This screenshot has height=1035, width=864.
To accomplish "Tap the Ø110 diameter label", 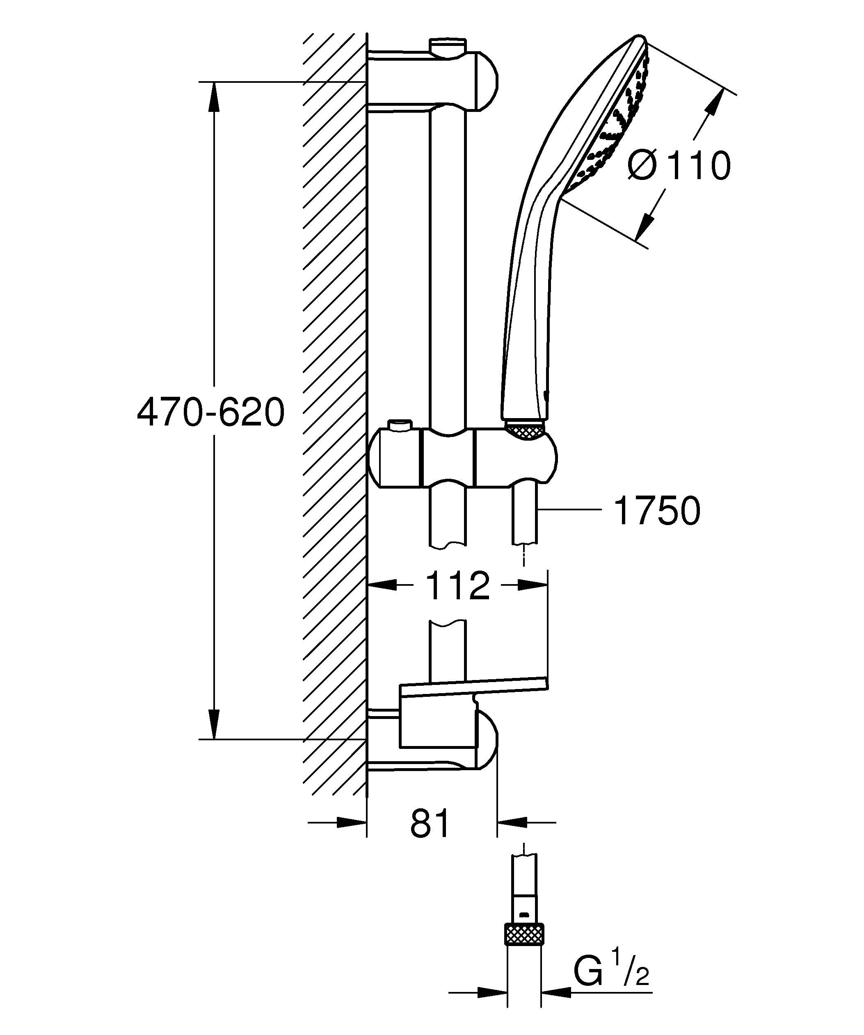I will pos(679,166).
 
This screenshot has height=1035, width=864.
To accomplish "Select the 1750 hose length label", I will pos(657,511).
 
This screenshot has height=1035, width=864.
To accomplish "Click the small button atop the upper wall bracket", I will pos(448,45).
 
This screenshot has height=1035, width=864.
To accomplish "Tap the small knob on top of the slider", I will pos(400,424).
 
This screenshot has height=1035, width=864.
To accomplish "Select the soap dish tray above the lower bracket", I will pos(473,687).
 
